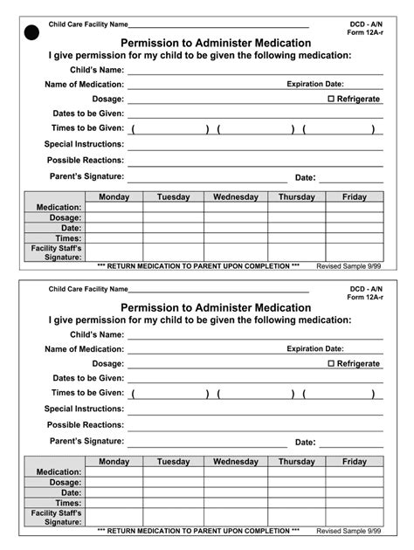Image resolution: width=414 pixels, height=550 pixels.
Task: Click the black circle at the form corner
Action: click(x=32, y=34)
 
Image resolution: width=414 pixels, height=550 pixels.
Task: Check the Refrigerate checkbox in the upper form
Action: click(x=332, y=100)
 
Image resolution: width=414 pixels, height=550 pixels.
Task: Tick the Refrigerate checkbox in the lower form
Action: click(x=332, y=364)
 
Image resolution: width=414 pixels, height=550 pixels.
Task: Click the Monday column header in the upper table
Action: click(x=114, y=197)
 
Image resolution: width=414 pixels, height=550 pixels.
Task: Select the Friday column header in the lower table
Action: click(x=355, y=462)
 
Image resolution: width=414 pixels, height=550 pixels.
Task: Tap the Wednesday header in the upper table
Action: click(x=236, y=197)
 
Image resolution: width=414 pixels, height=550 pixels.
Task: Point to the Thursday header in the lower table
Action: click(x=297, y=462)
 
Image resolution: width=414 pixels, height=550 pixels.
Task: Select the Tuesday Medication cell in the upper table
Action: click(x=173, y=208)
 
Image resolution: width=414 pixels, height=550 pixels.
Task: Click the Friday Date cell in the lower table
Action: click(x=355, y=492)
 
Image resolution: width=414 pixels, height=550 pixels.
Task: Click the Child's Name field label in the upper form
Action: click(x=97, y=70)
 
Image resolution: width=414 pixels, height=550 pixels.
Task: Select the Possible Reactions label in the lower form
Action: click(x=86, y=424)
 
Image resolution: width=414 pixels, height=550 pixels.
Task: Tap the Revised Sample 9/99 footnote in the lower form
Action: click(x=349, y=530)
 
